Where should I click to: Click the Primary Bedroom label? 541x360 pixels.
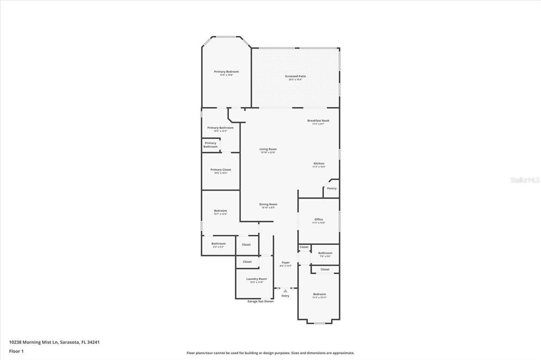click(x=226, y=72)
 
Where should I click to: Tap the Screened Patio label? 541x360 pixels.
click(x=295, y=77)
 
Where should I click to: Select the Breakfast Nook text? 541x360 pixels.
click(x=318, y=121)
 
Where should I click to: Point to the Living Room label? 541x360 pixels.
click(x=268, y=149)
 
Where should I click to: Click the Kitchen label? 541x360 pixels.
click(x=319, y=164)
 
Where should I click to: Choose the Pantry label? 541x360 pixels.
click(x=331, y=188)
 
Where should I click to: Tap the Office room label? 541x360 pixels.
click(x=319, y=220)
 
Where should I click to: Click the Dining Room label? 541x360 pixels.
click(x=268, y=204)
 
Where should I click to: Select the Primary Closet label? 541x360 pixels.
click(x=220, y=170)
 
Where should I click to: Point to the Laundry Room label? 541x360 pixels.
click(x=256, y=279)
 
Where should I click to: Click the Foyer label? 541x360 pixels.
click(x=285, y=262)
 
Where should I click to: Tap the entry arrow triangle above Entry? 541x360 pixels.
click(x=285, y=290)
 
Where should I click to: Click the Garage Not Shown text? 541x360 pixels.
click(x=260, y=301)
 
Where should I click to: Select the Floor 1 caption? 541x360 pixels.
click(x=16, y=351)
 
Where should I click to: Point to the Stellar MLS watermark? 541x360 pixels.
click(x=524, y=180)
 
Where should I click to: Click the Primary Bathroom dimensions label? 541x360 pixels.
click(x=220, y=131)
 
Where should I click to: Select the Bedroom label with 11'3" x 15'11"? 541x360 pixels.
click(x=319, y=296)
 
